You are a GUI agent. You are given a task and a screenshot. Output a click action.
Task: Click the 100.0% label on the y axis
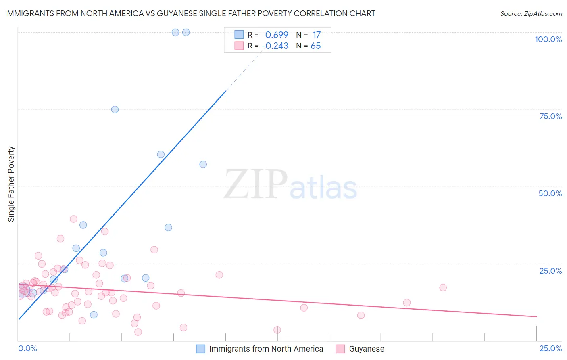pyautogui.click(x=548, y=39)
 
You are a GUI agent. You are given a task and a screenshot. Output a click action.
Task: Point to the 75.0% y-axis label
pyautogui.click(x=550, y=116)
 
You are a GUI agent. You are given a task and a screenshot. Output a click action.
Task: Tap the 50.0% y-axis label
pyautogui.click(x=550, y=193)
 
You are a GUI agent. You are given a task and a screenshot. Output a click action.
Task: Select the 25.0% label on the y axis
pyautogui.click(x=550, y=271)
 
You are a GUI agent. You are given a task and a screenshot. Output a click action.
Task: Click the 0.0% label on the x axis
pyautogui.click(x=27, y=348)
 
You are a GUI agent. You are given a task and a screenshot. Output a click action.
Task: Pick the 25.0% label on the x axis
pyautogui.click(x=550, y=348)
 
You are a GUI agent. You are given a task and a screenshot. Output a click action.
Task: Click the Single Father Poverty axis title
pyautogui.click(x=11, y=184)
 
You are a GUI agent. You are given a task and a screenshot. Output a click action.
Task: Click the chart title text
pyautogui.click(x=190, y=13)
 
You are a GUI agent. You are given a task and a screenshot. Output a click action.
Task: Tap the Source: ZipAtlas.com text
pyautogui.click(x=531, y=14)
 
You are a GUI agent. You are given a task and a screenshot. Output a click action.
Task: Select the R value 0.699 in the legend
pyautogui.click(x=277, y=35)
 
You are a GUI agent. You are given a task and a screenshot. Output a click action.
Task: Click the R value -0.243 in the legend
pyautogui.click(x=275, y=46)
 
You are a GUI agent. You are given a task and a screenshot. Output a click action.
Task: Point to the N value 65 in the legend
pyautogui.click(x=315, y=46)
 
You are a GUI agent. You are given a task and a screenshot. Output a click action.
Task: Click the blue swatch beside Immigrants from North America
pyautogui.click(x=200, y=349)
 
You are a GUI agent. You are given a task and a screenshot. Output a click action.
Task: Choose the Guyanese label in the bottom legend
pyautogui.click(x=366, y=349)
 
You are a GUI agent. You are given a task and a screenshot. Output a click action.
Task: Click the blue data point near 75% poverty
pyautogui.click(x=115, y=109)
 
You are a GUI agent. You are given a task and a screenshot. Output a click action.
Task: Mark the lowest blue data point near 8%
pyautogui.click(x=94, y=315)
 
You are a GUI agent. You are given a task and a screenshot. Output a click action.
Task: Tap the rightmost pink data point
pyautogui.click(x=443, y=288)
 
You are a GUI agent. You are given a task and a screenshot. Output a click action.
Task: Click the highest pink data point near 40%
pyautogui.click(x=73, y=219)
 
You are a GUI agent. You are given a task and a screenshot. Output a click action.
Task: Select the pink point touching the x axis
pyautogui.click(x=277, y=330)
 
